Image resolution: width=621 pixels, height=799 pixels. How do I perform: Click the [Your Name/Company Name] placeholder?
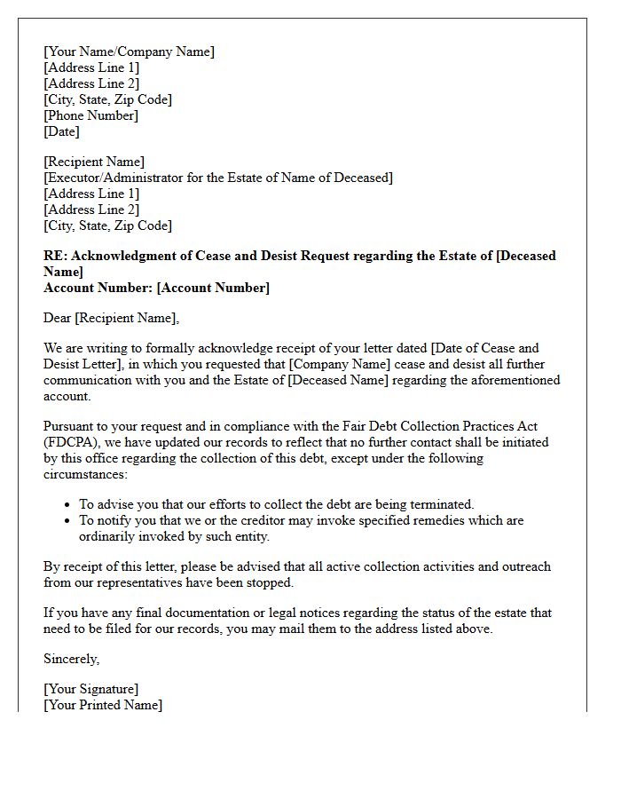tap(129, 51)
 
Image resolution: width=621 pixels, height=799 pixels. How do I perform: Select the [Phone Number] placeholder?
tap(90, 115)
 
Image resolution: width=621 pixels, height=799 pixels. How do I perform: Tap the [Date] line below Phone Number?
tap(61, 131)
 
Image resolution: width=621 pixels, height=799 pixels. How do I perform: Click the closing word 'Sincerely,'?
tap(72, 659)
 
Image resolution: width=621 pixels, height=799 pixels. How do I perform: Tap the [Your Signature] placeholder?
tap(90, 689)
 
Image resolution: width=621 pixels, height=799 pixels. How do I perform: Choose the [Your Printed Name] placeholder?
tap(103, 705)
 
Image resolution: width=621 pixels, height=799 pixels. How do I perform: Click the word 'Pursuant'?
tap(69, 426)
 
